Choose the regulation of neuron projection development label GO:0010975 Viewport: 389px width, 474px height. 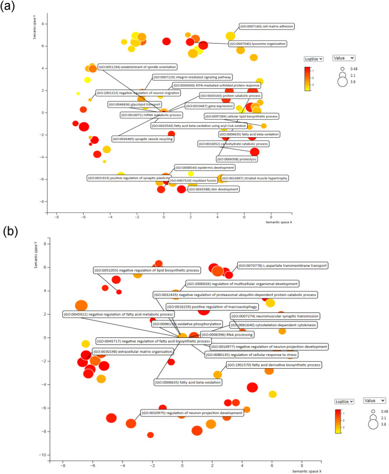192,413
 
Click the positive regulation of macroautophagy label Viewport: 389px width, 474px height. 201,305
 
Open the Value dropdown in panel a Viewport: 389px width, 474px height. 343,58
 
